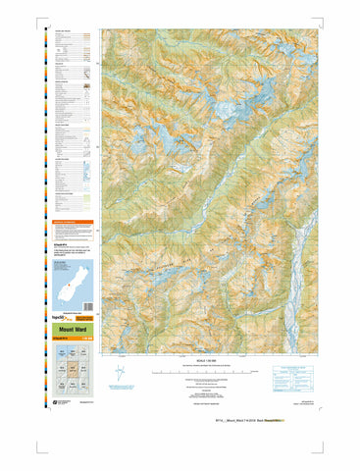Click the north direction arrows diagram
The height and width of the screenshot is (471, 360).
121,373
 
